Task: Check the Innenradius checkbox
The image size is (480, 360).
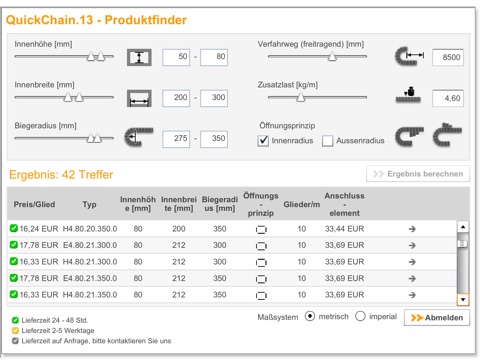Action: (x=263, y=141)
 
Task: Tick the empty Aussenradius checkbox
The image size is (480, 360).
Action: (x=327, y=141)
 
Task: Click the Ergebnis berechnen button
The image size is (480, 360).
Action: (x=418, y=174)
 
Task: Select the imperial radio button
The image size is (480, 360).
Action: (x=360, y=316)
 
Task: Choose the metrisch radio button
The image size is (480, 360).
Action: (x=310, y=316)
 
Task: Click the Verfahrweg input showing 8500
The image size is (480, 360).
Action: (x=448, y=57)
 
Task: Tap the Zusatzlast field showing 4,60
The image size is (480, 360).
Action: (x=448, y=98)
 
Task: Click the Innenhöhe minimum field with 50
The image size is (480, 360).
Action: (x=176, y=57)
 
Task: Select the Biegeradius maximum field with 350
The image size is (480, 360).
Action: (x=214, y=139)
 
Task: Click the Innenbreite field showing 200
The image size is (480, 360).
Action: (x=176, y=98)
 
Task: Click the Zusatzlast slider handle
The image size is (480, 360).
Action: (x=301, y=97)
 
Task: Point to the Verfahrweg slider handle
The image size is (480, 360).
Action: (x=332, y=56)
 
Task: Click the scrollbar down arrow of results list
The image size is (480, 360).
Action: (x=463, y=299)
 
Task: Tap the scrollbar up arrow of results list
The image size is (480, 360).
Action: (x=463, y=227)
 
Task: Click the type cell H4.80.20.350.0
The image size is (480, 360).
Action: (x=90, y=229)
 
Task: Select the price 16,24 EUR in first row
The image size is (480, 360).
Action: (x=39, y=229)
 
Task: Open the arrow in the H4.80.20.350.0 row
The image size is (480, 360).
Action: (x=412, y=229)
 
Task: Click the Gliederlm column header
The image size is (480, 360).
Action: (x=302, y=204)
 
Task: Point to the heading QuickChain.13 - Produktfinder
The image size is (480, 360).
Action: (x=96, y=20)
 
